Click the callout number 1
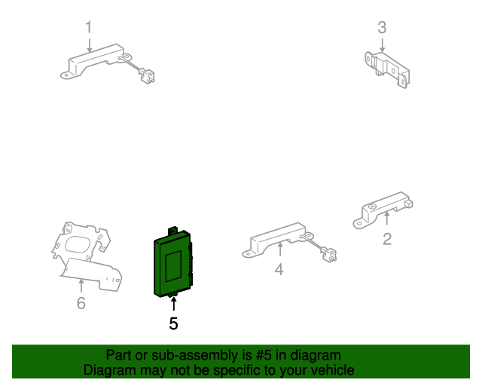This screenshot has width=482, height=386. pyautogui.click(x=89, y=27)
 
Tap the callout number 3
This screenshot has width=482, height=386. pyautogui.click(x=382, y=28)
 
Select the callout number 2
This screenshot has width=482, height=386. pyautogui.click(x=387, y=239)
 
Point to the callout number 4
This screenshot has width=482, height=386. pyautogui.click(x=279, y=270)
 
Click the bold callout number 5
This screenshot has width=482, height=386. pyautogui.click(x=174, y=324)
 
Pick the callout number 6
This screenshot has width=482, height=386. pyautogui.click(x=81, y=303)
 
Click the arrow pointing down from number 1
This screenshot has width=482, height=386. pyautogui.click(x=90, y=45)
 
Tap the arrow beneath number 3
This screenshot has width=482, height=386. pyautogui.click(x=382, y=45)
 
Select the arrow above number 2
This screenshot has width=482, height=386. pyautogui.click(x=387, y=217)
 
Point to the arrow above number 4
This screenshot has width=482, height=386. pyautogui.click(x=279, y=250)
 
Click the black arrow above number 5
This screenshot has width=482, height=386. pyautogui.click(x=174, y=304)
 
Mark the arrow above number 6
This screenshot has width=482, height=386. pyautogui.click(x=81, y=286)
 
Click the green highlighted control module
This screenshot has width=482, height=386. pyautogui.click(x=173, y=264)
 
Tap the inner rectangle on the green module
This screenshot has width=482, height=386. pyautogui.click(x=173, y=266)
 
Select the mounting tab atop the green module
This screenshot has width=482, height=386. pyautogui.click(x=172, y=231)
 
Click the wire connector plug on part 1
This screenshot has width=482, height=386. pyautogui.click(x=147, y=75)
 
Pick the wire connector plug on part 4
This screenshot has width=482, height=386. pyautogui.click(x=328, y=255)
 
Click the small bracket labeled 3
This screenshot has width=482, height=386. pyautogui.click(x=387, y=69)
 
